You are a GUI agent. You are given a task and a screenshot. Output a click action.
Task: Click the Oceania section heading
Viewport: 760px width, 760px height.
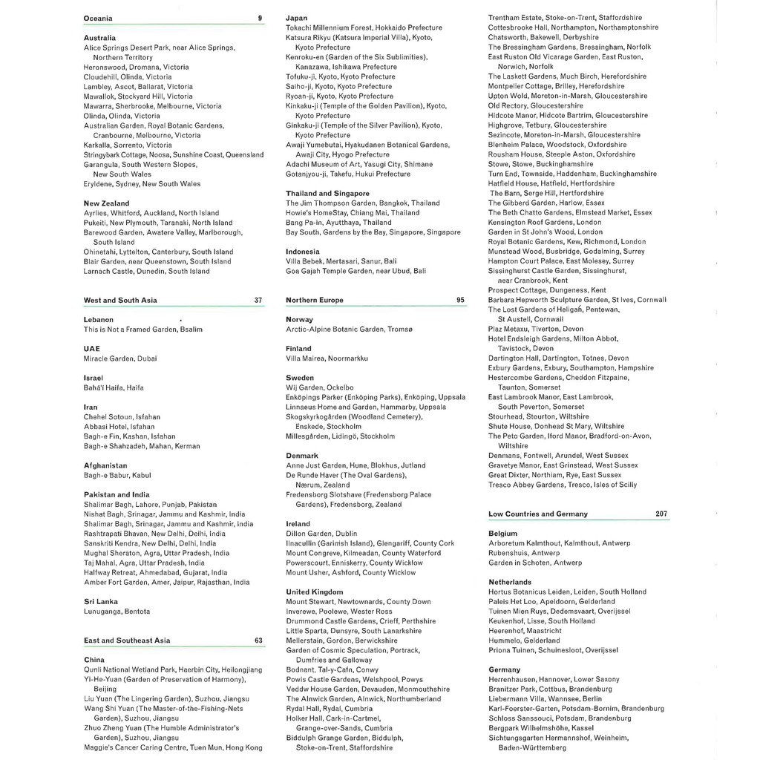click(99, 17)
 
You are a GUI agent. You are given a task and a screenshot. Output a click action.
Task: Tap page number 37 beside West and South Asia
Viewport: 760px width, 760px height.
click(258, 301)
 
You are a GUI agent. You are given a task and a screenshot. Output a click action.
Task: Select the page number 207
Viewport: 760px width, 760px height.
click(661, 514)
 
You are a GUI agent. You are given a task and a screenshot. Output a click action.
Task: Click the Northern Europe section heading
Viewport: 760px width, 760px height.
click(314, 301)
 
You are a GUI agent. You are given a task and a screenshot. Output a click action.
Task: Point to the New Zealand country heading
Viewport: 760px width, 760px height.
click(106, 203)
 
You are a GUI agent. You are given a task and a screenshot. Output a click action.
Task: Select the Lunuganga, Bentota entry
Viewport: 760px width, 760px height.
click(117, 612)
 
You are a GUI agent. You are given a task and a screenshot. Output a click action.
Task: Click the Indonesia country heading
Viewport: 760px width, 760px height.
click(303, 252)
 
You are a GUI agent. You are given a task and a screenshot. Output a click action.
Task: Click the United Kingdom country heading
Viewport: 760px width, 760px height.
click(315, 592)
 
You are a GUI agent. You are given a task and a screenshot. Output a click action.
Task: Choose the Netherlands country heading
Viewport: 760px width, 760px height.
click(510, 582)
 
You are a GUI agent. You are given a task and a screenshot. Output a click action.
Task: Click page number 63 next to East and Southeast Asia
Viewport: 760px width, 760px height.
click(258, 640)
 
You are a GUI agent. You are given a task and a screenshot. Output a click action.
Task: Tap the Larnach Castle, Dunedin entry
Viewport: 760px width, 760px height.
click(147, 271)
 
